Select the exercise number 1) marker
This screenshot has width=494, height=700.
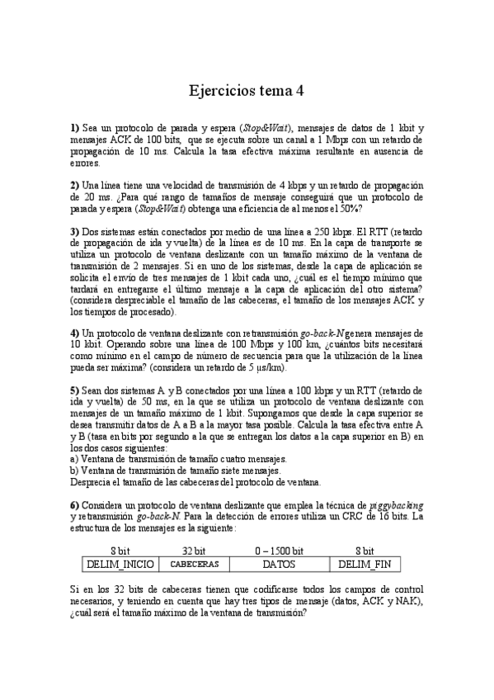74,129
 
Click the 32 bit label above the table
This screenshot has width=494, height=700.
194,551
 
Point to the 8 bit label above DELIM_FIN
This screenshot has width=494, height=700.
365,551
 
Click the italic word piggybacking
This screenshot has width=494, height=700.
394,505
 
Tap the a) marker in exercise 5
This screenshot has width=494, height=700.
74,459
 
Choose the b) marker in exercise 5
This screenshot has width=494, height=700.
74,471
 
